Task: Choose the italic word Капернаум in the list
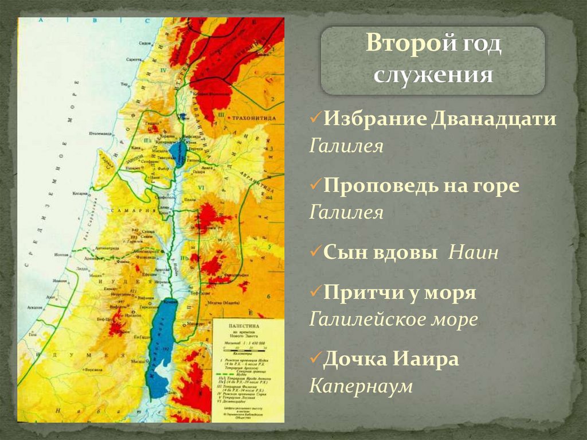[x=361, y=386]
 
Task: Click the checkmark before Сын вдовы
[x=315, y=253]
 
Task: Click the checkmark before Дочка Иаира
[x=315, y=360]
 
